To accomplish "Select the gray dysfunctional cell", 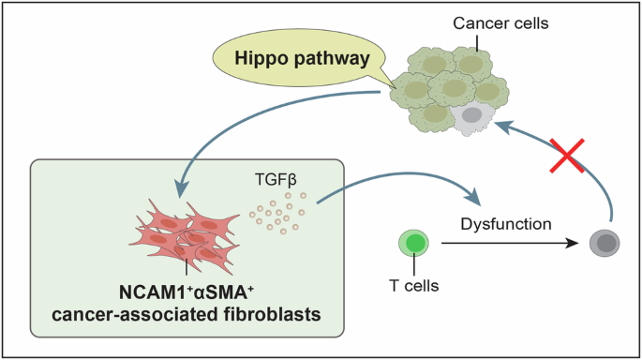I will (604, 245).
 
